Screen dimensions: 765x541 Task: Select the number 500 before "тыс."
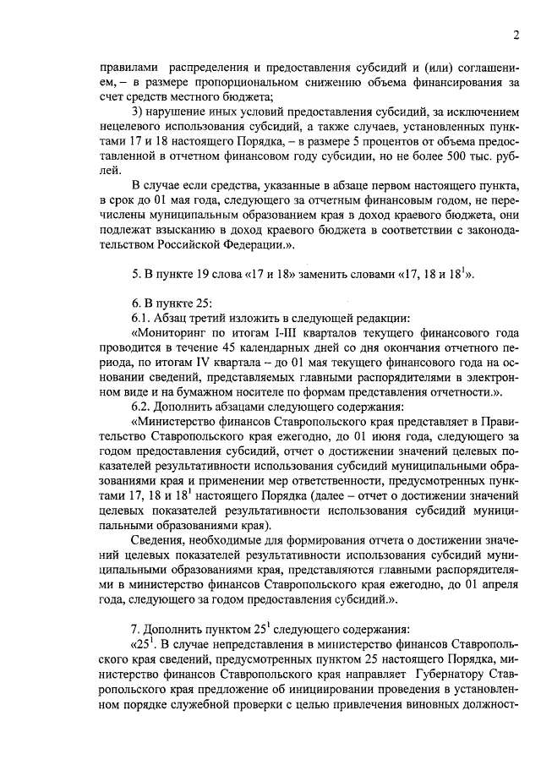click(x=449, y=156)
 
